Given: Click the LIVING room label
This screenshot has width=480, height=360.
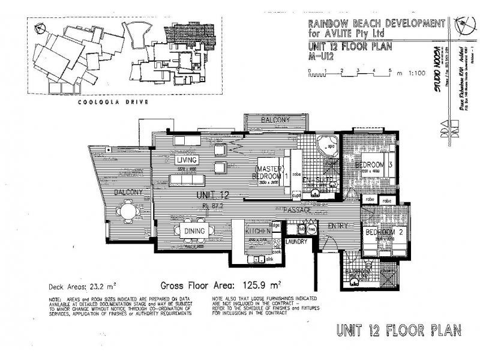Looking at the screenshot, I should tap(187, 160).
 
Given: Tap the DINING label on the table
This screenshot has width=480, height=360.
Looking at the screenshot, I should tap(195, 230).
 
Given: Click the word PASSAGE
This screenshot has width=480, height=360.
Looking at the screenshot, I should tap(298, 211).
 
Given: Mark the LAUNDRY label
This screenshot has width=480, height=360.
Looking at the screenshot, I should tap(296, 242).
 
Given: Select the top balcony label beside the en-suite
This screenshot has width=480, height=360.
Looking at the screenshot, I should tap(275, 121).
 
